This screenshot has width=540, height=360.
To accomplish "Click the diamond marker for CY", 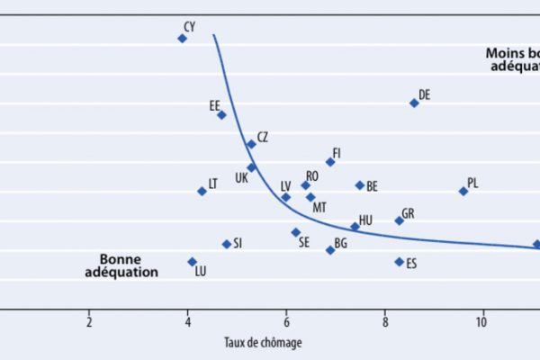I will (x=182, y=39).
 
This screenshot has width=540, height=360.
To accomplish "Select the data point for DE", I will (x=414, y=103).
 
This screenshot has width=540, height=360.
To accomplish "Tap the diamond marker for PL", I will (x=463, y=191).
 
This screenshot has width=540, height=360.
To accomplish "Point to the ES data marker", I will (x=399, y=262).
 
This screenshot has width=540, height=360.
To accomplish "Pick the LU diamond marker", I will (x=192, y=261).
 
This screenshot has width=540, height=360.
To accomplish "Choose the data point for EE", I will (x=221, y=114).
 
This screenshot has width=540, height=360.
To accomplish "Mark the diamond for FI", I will (x=330, y=162).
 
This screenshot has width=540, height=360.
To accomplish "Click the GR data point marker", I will (x=399, y=220).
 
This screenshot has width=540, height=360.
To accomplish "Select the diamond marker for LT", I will (x=202, y=191).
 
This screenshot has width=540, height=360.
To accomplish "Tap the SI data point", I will (x=227, y=244).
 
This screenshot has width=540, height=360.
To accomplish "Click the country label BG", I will (x=341, y=243).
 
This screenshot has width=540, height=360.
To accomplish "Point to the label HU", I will (x=365, y=220).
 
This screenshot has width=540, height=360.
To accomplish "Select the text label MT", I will (x=319, y=208).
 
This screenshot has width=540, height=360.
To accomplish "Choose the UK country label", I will (x=241, y=178).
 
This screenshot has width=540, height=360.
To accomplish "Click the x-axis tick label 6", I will (x=286, y=322).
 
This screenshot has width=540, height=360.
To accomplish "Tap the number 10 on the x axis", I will (x=482, y=322).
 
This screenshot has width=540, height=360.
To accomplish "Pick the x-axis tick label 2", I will (x=89, y=322).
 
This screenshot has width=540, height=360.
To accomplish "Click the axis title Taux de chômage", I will (x=263, y=343).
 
